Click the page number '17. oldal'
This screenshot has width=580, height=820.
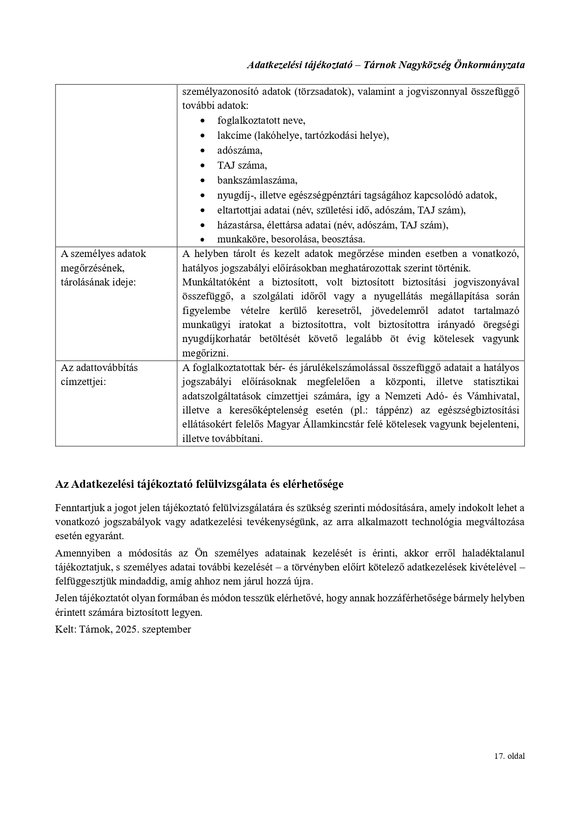click(509, 756)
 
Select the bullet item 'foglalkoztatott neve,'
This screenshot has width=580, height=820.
click(261, 121)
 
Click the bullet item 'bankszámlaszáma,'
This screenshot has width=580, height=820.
click(257, 180)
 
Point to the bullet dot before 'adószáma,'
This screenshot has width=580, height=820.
click(202, 151)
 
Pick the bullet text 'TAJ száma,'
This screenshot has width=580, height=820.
click(242, 165)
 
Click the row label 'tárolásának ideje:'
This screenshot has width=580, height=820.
click(98, 283)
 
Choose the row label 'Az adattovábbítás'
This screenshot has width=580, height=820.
click(99, 368)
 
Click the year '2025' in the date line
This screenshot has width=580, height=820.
click(122, 629)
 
